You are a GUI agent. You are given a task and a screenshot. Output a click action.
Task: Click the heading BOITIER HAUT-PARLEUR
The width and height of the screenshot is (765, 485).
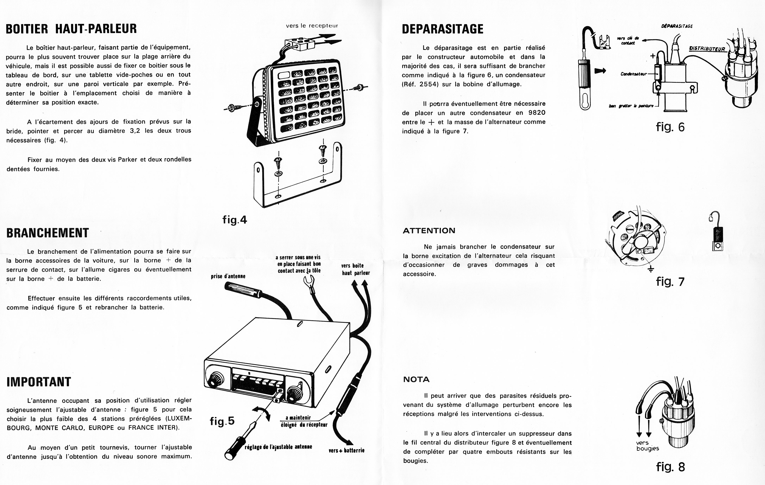[x=71, y=29]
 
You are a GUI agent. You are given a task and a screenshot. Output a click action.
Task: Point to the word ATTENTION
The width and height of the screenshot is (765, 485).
[x=429, y=231]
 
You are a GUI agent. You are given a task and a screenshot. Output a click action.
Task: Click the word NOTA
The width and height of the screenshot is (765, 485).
[x=416, y=379]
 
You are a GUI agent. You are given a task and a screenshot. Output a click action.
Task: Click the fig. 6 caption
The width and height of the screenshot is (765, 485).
[x=670, y=127]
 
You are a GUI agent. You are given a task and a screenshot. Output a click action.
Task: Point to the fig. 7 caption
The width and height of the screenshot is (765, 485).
[x=670, y=281]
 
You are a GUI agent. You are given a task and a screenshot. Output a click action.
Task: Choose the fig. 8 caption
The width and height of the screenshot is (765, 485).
[x=670, y=467]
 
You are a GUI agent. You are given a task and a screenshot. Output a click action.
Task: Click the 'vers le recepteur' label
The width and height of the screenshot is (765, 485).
[x=312, y=26]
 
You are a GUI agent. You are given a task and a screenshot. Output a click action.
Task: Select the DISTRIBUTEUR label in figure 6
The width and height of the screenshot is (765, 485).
[x=707, y=49]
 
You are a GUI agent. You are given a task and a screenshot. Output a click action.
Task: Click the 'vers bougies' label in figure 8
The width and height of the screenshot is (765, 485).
[x=647, y=446]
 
